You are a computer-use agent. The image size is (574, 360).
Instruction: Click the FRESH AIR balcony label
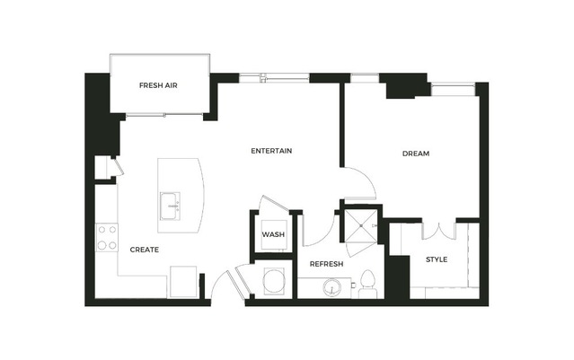point(158,85)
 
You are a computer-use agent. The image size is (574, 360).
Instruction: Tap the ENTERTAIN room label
point(271,151)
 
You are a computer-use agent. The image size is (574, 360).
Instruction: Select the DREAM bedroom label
point(416,154)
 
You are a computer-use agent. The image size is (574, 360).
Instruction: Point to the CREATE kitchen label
point(145,250)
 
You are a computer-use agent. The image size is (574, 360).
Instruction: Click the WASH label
point(273,234)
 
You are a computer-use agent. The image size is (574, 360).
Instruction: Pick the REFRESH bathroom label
point(327,264)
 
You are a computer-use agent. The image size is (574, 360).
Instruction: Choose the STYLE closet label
point(437,259)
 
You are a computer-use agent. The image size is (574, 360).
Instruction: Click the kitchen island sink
point(170,206)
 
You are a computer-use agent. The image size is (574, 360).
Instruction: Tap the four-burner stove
point(107,237)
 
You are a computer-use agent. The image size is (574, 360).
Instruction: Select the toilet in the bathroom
point(367,284)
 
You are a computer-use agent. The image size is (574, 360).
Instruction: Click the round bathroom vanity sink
point(332,287)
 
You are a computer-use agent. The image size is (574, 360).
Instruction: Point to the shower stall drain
point(361,226)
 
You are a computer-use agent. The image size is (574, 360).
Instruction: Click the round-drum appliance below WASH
point(274,281)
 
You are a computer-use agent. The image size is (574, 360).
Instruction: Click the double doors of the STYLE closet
point(439,232)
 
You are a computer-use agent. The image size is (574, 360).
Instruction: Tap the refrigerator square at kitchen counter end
point(183,282)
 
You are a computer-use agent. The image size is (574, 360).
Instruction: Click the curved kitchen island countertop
point(181,196)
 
